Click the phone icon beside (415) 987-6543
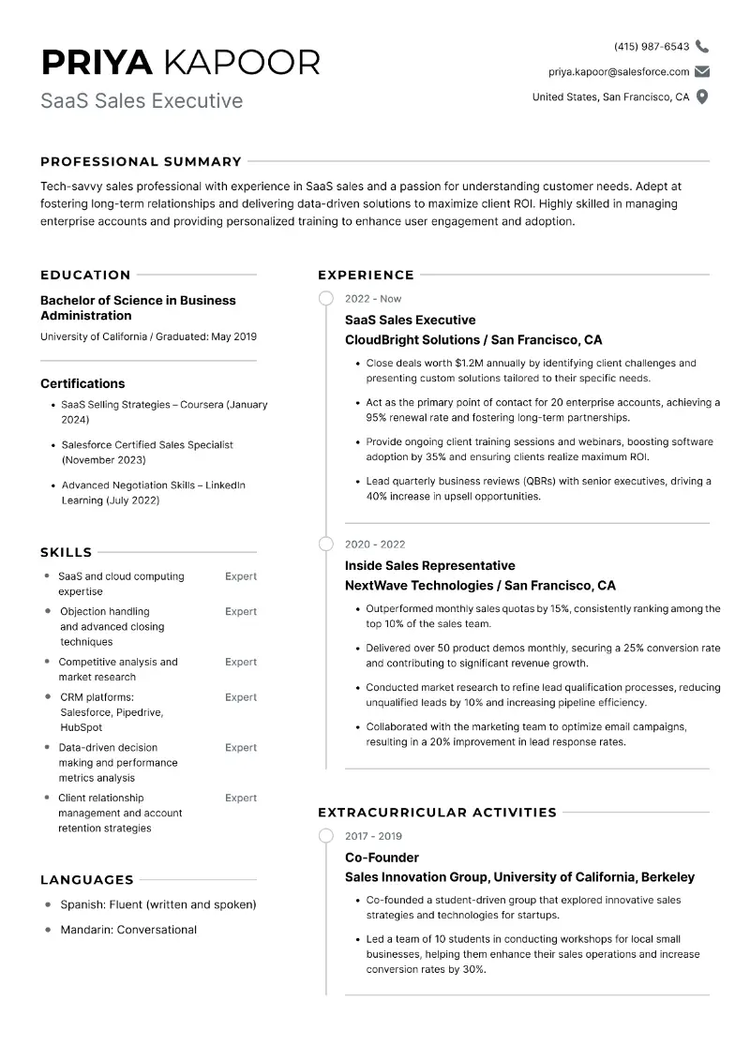(x=702, y=46)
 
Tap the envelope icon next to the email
(x=702, y=71)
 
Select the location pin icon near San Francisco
(x=702, y=97)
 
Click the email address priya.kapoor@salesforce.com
(x=619, y=71)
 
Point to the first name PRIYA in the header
(x=97, y=62)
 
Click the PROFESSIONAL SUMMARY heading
(x=141, y=161)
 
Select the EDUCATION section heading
(x=85, y=275)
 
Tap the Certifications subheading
(x=82, y=383)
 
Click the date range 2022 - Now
(x=373, y=299)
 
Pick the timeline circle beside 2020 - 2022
(x=325, y=544)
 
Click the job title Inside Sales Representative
(x=429, y=565)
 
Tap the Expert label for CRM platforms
(x=241, y=697)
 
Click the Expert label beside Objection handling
(x=241, y=611)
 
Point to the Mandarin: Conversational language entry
(x=128, y=930)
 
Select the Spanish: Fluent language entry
(x=157, y=904)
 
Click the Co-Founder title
(x=382, y=857)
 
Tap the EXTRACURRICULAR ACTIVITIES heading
(x=437, y=813)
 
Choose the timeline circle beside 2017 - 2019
(x=325, y=835)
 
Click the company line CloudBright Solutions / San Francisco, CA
(x=473, y=339)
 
